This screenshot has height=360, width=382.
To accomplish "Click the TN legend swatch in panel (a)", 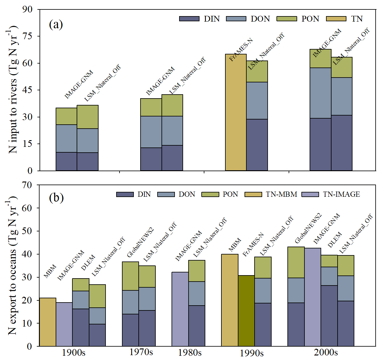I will tap(336, 19).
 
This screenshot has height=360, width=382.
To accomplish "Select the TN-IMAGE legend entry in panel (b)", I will tap(310, 194).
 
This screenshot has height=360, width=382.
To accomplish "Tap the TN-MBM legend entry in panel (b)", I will tap(253, 194).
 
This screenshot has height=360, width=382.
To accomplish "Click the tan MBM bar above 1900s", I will tap(48, 322).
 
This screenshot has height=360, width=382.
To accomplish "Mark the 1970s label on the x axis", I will tap(141, 352).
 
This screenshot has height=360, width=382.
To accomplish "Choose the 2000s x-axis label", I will tap(326, 352).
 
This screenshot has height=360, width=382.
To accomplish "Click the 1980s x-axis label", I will tap(190, 353).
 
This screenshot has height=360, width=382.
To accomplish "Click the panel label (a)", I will tap(56, 24).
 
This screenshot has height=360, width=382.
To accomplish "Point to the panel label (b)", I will tap(56, 198).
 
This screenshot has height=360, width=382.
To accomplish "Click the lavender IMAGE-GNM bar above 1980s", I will tap(180, 309).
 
